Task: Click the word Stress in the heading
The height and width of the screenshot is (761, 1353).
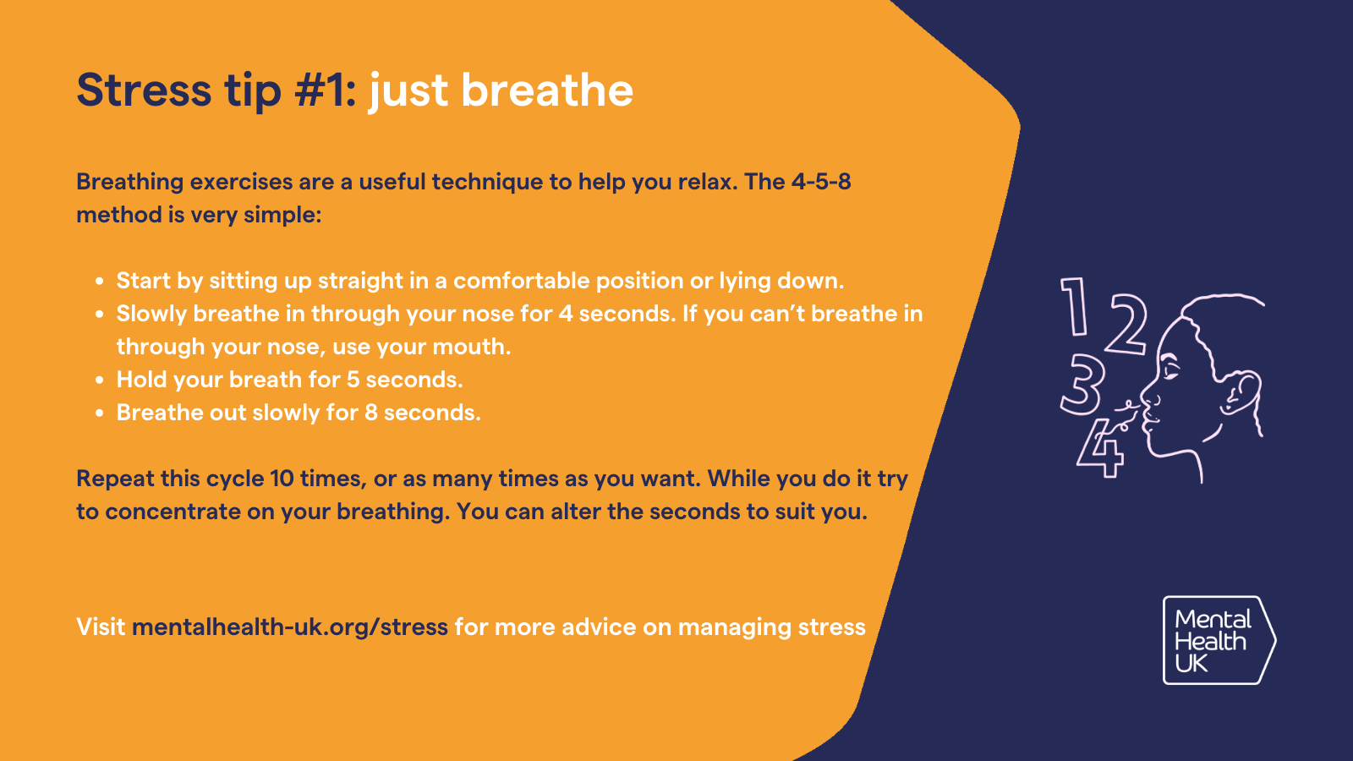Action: (x=144, y=90)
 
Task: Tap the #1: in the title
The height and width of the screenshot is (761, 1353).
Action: (x=326, y=90)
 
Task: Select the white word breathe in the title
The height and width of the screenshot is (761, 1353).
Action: (x=547, y=90)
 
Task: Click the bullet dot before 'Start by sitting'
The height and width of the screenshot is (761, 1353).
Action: (x=100, y=282)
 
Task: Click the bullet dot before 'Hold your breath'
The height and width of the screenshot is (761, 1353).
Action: (x=100, y=380)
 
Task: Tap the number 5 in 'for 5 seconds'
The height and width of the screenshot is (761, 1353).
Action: (x=353, y=380)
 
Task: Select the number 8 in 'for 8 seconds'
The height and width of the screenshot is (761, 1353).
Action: (x=371, y=413)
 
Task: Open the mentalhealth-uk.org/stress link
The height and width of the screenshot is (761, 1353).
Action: (x=290, y=627)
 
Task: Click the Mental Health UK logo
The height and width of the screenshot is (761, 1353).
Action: (x=1219, y=640)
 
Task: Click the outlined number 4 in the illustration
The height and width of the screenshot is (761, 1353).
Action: (x=1101, y=448)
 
